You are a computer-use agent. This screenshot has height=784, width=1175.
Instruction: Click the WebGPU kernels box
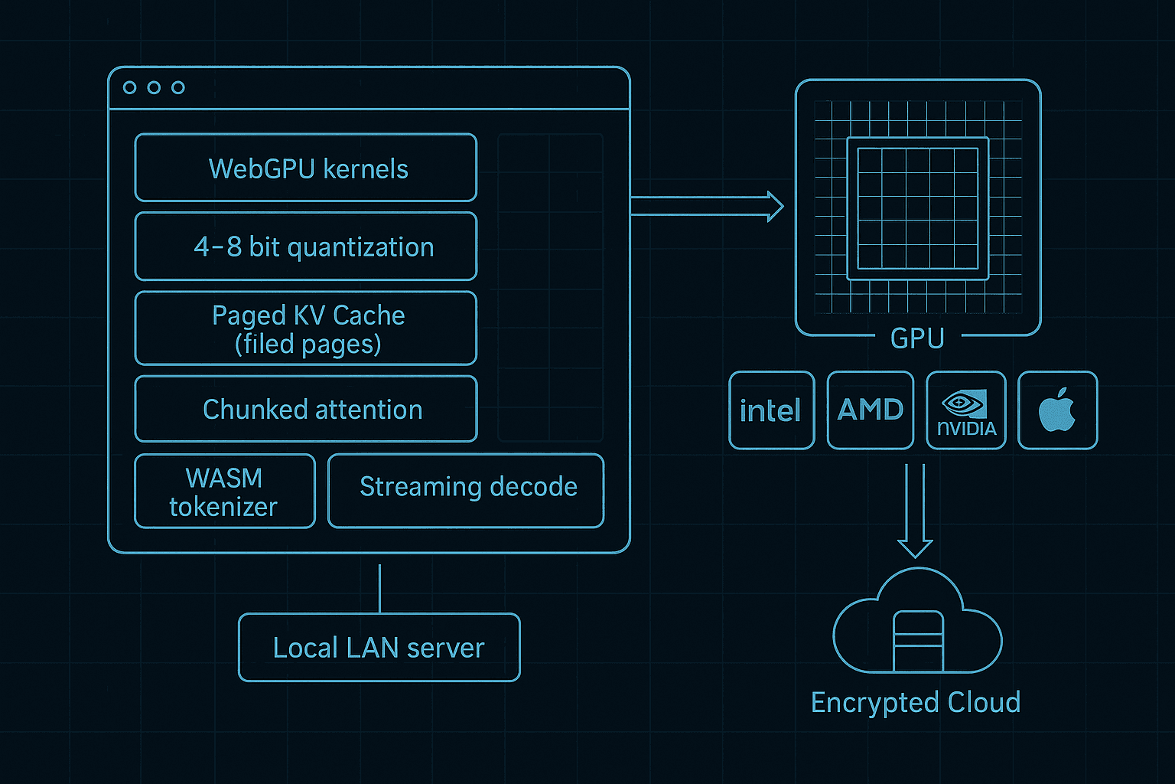306,168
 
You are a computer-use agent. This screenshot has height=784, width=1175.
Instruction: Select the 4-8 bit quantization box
306,247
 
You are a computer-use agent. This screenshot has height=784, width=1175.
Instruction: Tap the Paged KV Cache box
306,328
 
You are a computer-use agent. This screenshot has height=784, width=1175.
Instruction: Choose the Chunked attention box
306,409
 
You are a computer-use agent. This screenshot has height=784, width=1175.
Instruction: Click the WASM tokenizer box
224,492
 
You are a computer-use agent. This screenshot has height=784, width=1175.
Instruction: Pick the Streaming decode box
466,491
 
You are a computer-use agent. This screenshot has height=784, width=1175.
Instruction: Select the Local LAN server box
379,648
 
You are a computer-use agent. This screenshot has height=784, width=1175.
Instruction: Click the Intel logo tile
771,410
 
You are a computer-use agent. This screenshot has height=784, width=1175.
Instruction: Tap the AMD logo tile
871,410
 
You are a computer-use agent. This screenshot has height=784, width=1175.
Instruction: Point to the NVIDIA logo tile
966,410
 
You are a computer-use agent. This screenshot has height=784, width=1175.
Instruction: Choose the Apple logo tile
1057,410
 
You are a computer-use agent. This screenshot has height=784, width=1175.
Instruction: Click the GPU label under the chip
917,338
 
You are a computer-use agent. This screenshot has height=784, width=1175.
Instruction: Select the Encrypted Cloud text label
916,702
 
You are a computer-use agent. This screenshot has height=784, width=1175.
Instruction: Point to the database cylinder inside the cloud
918,641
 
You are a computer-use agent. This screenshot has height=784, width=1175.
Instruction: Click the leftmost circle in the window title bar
130,87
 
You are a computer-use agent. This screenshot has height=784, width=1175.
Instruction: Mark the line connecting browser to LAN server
379,589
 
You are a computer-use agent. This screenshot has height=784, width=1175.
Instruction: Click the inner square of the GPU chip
917,208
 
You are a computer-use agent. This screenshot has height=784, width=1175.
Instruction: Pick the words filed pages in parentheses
308,345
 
